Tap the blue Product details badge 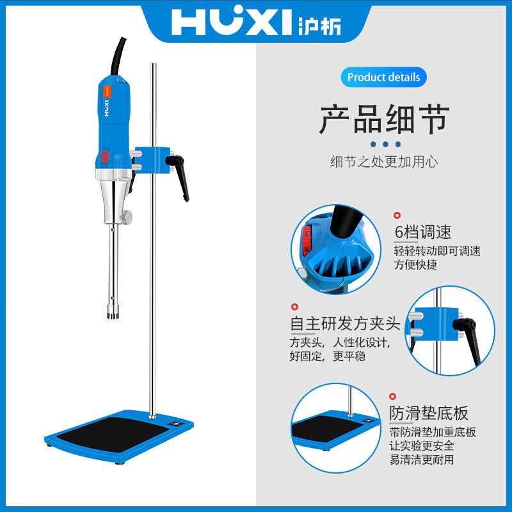pyautogui.click(x=383, y=77)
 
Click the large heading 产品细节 pyautogui.click(x=384, y=120)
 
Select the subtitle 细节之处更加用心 pyautogui.click(x=384, y=162)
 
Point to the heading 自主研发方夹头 pyautogui.click(x=345, y=324)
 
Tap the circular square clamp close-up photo pyautogui.click(x=451, y=330)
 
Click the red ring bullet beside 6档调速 pyautogui.click(x=397, y=216)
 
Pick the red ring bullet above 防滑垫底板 pyautogui.click(x=393, y=397)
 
